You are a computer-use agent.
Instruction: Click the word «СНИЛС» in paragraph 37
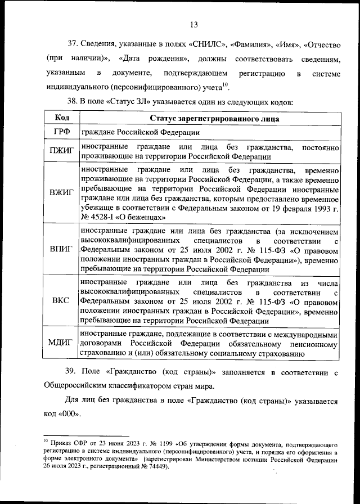point(209,44)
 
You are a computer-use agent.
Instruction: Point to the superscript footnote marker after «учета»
point(224,85)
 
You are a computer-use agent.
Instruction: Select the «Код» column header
point(62,118)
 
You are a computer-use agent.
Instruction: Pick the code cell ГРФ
point(62,132)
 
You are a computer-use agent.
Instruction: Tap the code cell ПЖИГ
point(62,152)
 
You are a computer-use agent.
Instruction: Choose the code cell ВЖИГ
point(62,192)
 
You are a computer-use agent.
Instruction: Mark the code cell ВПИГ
point(62,250)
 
